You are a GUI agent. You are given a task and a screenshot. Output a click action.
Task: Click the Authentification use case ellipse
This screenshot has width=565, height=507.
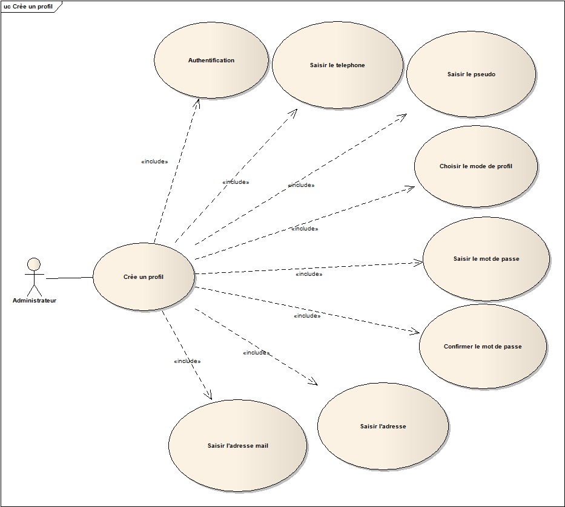(211, 60)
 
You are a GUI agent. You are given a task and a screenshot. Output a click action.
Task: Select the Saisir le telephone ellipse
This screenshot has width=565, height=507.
(337, 65)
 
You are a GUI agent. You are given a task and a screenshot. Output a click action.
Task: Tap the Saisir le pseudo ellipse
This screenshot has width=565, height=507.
(471, 74)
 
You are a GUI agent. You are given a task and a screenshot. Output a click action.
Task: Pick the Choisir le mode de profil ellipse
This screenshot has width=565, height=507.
(476, 166)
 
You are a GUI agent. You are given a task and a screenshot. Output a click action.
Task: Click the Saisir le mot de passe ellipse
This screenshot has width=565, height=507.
(486, 259)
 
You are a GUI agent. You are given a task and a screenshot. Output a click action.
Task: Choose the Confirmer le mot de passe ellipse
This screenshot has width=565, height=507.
(483, 347)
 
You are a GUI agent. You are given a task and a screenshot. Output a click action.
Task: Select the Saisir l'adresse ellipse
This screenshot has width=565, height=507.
(383, 426)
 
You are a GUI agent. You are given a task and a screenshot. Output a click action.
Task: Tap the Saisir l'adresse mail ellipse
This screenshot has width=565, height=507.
(237, 446)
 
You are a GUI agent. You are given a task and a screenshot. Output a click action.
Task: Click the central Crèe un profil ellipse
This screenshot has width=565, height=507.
(144, 277)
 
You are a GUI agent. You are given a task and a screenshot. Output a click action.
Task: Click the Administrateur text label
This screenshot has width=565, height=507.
(35, 300)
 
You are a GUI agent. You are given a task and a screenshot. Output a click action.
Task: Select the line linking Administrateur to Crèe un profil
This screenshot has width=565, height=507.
(69, 278)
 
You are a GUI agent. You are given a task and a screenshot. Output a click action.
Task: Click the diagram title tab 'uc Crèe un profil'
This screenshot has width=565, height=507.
(28, 6)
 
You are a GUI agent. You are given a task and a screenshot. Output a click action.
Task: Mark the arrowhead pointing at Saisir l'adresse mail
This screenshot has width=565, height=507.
(208, 396)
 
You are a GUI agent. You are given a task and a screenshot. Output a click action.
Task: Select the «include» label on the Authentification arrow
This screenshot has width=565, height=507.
(154, 162)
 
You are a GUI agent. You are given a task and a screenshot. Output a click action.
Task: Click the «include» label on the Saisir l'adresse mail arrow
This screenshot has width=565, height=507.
(187, 361)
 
